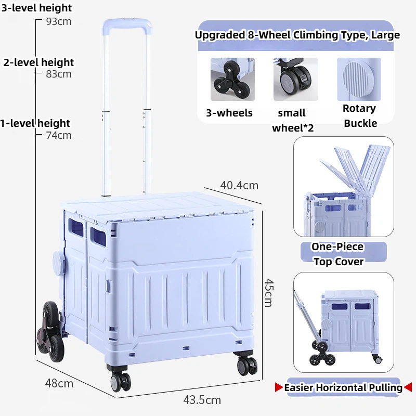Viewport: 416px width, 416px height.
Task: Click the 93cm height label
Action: tap(59, 21)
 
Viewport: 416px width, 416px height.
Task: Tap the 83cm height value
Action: tap(59, 74)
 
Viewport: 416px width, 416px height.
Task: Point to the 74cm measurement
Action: tap(59, 135)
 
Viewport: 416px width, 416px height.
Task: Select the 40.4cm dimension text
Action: tap(239, 186)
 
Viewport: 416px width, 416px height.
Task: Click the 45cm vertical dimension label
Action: tap(268, 293)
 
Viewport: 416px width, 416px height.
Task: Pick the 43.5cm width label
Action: tap(202, 400)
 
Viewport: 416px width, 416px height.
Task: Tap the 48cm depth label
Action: tap(59, 383)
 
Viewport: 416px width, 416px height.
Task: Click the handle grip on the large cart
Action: tap(127, 24)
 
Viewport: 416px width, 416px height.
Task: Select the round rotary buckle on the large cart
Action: tap(59, 262)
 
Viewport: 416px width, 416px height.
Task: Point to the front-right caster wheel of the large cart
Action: tap(247, 365)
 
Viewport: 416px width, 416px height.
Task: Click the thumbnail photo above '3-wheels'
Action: tap(232, 79)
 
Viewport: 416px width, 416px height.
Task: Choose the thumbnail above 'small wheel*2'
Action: tap(295, 79)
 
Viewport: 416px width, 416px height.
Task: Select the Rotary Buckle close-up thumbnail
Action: tap(359, 79)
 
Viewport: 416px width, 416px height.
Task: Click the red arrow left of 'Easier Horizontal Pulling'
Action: tap(279, 387)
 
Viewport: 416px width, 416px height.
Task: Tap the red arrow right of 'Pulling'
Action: tap(408, 387)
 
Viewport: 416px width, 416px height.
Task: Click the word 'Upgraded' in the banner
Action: tap(220, 35)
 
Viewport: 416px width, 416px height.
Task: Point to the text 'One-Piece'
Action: tap(337, 246)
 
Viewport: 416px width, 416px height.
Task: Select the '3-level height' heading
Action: tap(36, 8)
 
